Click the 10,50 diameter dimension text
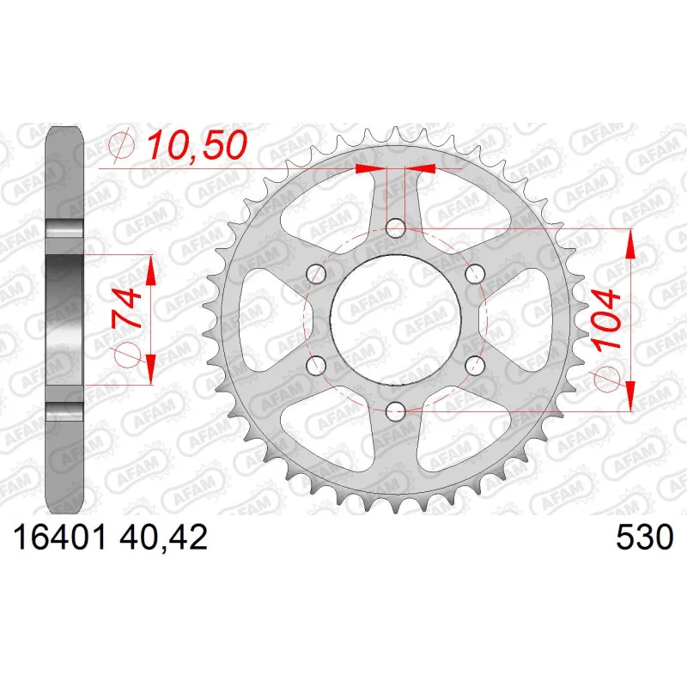pyautogui.click(x=198, y=145)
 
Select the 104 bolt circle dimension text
pyautogui.click(x=607, y=319)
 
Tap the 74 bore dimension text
pyautogui.click(x=127, y=308)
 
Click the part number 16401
pyautogui.click(x=60, y=538)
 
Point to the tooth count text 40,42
pyautogui.click(x=162, y=538)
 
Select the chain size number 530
pyautogui.click(x=644, y=538)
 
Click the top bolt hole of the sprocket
pyautogui.click(x=396, y=228)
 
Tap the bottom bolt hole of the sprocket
pyautogui.click(x=396, y=410)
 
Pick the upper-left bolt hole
pyautogui.click(x=317, y=274)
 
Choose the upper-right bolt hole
pyautogui.click(x=476, y=274)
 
